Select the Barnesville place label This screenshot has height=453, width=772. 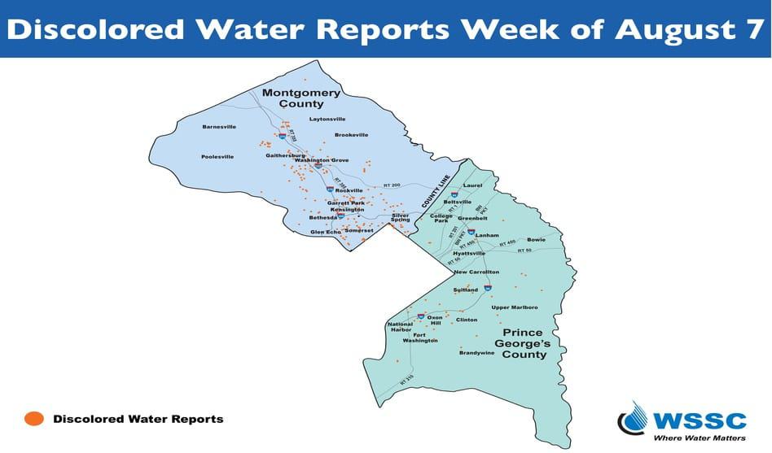(x=219, y=127)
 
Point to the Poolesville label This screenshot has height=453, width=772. (x=217, y=156)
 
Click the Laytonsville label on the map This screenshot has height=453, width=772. (x=327, y=120)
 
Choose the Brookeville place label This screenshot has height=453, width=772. (x=352, y=135)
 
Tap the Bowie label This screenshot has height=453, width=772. (x=536, y=240)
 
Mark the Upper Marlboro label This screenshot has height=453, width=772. (x=515, y=307)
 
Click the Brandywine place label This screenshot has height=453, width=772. (x=476, y=353)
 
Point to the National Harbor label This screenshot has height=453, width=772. (x=400, y=327)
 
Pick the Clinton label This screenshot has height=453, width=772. (x=467, y=320)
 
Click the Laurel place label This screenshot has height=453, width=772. (x=472, y=185)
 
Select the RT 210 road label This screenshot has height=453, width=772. (x=406, y=379)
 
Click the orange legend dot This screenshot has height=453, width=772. (x=34, y=419)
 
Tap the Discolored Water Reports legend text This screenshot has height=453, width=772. (x=138, y=420)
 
